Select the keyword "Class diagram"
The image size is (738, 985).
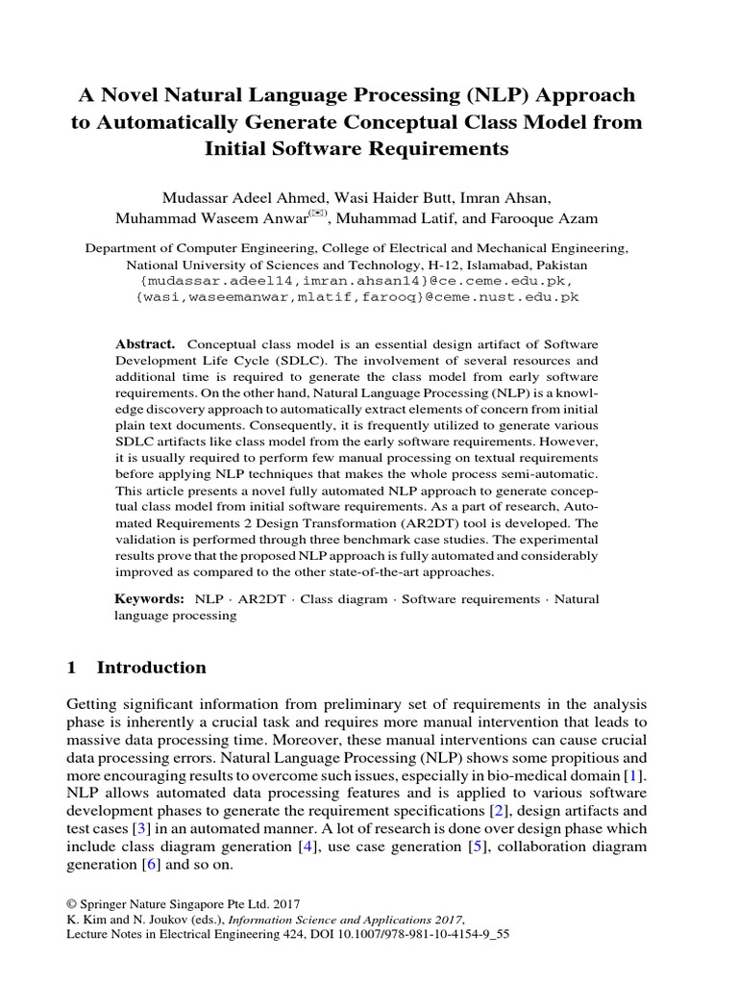point(347,599)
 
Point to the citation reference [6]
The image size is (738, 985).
point(151,865)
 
